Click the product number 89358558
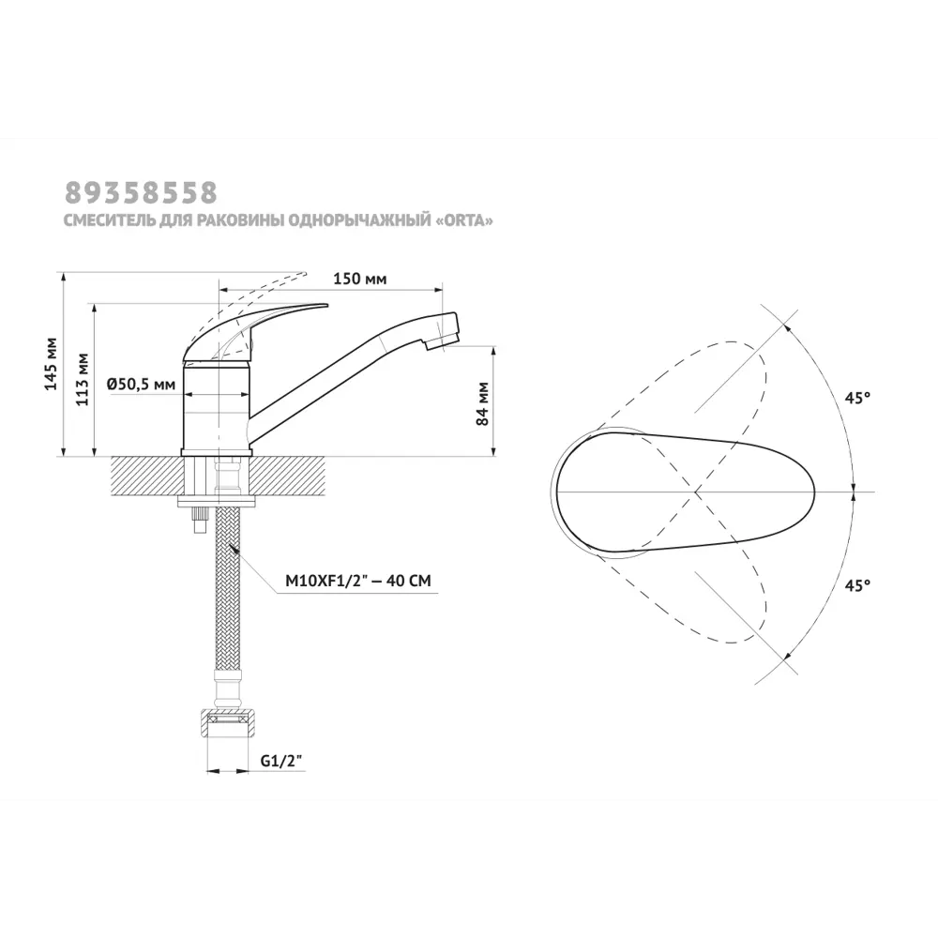pos(141,192)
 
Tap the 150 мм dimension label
pos(361,280)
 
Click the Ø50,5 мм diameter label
pos(141,384)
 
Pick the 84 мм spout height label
pos(483,404)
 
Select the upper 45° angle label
pos(857,398)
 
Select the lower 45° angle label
pos(857,585)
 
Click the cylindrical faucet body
pos(217,408)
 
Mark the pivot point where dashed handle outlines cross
pos(696,492)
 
